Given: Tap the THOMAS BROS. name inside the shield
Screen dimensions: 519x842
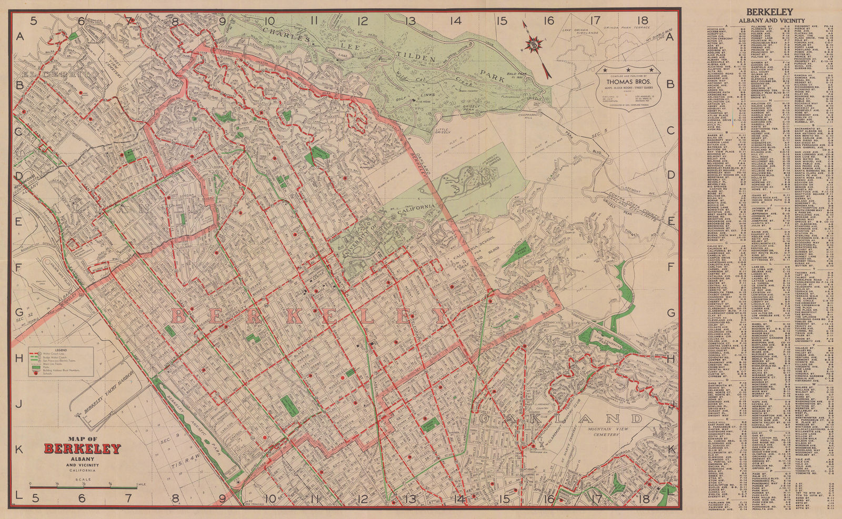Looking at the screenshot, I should (627, 82).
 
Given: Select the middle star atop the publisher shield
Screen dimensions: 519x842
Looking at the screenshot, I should (627, 69).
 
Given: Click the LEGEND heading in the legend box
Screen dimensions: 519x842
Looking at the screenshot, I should (61, 350).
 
